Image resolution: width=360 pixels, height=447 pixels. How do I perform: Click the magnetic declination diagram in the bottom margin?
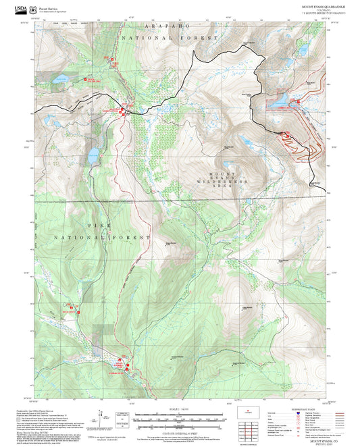click(122, 422)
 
